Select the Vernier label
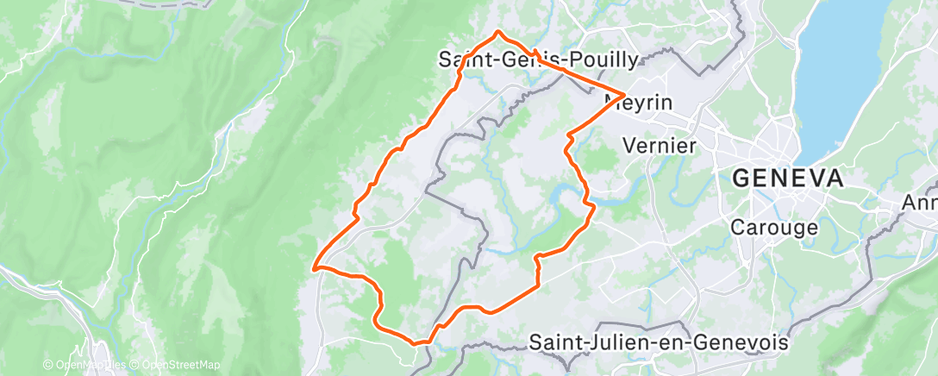pos(658,145)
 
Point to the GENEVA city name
pos(787,179)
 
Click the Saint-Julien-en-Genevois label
pos(658,342)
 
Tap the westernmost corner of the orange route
pos(315,267)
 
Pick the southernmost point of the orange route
pos(419,343)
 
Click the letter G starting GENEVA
pos(740,179)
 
